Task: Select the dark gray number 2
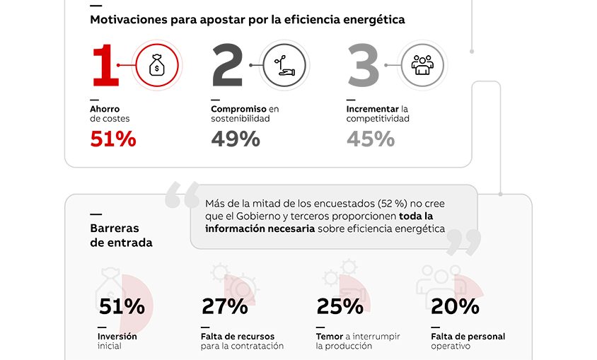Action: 227,66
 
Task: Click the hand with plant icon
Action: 283,65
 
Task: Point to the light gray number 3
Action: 364,66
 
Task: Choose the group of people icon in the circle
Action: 422,65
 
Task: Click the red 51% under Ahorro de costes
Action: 113,139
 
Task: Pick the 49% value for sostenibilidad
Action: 236,139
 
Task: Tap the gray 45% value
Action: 371,139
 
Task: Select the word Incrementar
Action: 372,109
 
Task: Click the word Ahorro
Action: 105,109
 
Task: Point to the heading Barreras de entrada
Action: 121,236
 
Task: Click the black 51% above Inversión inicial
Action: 122,306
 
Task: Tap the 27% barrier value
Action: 225,306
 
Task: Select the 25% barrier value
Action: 340,306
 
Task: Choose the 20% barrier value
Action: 455,306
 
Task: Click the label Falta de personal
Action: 468,337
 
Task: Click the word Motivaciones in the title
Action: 129,20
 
